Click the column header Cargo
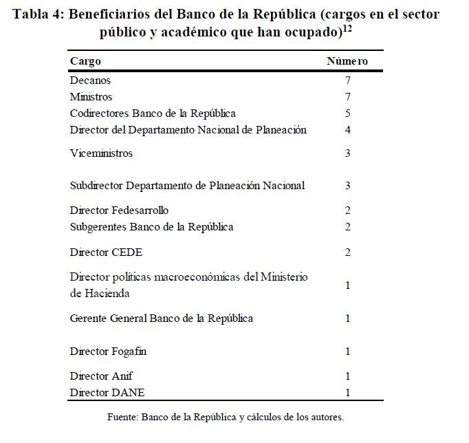tap(85, 61)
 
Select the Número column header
tap(347, 61)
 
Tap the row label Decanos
tap(90, 80)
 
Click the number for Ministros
tap(348, 97)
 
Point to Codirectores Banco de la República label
tap(153, 114)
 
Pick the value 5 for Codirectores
tap(348, 114)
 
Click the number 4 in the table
tap(348, 130)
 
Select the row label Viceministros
tap(101, 153)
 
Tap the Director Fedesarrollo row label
tap(119, 210)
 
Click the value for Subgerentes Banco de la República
tap(348, 227)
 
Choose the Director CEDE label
tap(106, 252)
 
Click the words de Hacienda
tap(100, 294)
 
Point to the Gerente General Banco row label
tap(162, 318)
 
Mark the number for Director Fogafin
tap(348, 352)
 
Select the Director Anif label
tap(101, 376)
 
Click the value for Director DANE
tap(348, 393)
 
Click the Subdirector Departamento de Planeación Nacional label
tap(187, 186)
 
